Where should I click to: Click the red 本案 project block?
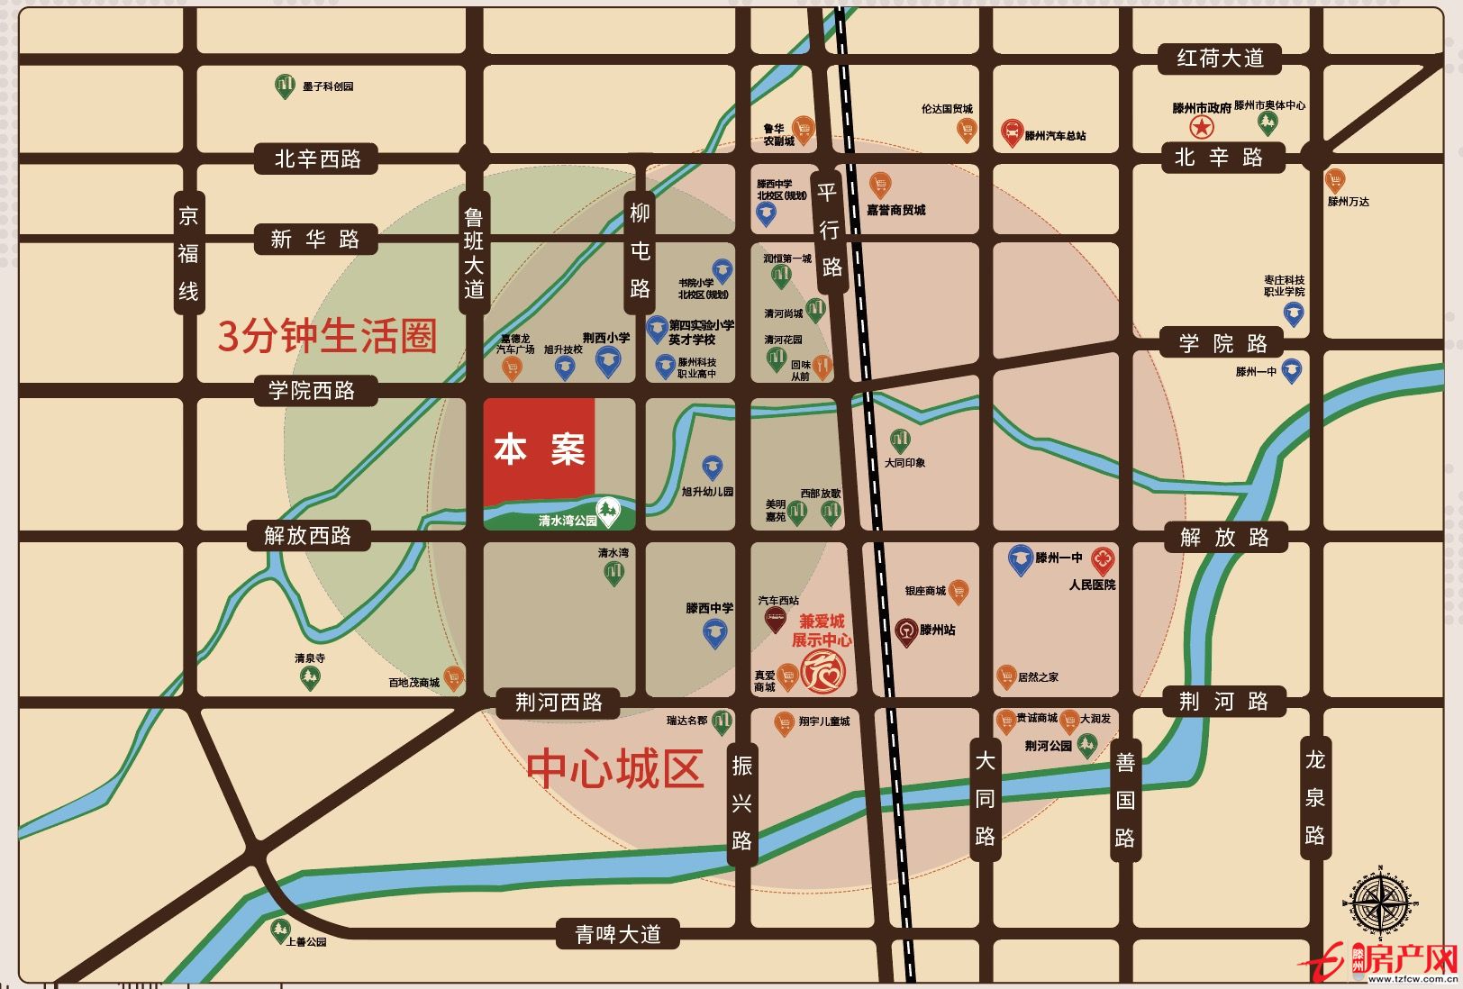tap(539, 450)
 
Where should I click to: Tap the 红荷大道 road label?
tap(1220, 59)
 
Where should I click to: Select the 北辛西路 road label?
tap(317, 159)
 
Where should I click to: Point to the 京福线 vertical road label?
tap(187, 253)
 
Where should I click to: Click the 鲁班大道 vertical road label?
tap(474, 253)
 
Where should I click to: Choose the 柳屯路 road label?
tap(640, 250)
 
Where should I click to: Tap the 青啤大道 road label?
tap(618, 934)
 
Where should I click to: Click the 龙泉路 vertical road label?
tap(1314, 798)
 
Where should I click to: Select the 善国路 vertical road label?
tap(1124, 800)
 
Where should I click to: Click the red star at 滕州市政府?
tap(1201, 127)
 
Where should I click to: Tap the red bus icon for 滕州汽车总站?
tap(1012, 133)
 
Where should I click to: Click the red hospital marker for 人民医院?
tap(1103, 559)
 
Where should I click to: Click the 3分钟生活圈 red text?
tap(327, 336)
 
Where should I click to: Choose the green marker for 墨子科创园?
tap(285, 86)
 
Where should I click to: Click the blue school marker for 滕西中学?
tap(714, 632)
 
